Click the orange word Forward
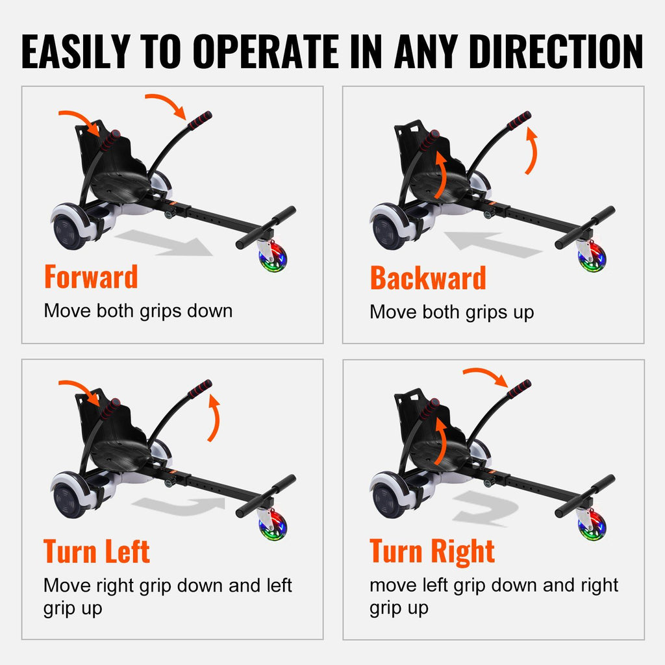[x=91, y=277]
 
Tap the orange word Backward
[x=428, y=278]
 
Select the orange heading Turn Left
[x=96, y=551]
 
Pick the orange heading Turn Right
[x=432, y=551]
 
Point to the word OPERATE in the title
[x=266, y=51]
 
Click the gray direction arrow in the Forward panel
[x=164, y=243]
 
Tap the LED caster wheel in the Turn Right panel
[x=592, y=525]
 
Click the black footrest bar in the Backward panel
[x=585, y=227]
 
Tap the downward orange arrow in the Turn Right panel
[x=486, y=374]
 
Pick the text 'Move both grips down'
[x=138, y=311]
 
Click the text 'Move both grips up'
[x=452, y=312]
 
